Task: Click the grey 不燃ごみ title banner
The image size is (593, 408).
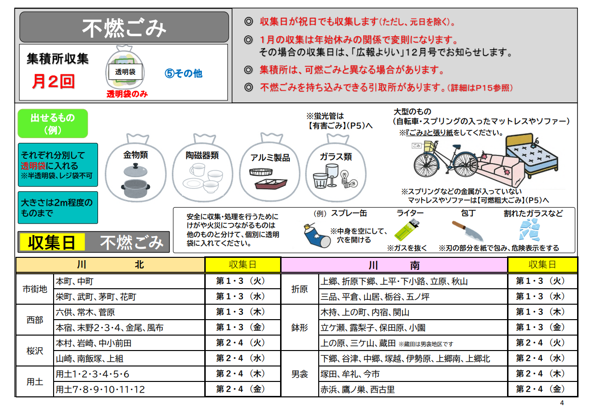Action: point(124,27)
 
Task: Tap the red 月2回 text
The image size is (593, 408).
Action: point(53,81)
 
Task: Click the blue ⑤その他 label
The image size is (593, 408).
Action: point(184,73)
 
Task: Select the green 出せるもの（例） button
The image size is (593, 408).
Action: point(53,124)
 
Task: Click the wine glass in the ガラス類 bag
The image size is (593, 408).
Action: point(332,175)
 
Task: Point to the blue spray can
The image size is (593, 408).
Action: point(316,236)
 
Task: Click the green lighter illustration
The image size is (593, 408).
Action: point(407,230)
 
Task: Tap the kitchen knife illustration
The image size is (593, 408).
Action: point(467,231)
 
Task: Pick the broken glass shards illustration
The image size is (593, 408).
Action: point(529,229)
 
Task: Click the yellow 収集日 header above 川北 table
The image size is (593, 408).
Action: point(242,265)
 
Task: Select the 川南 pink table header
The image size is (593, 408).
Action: point(394,265)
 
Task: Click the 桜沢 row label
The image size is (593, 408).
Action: point(35,351)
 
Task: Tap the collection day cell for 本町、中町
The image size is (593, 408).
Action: point(242,281)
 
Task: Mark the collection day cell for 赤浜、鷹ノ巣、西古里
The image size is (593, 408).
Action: point(542,389)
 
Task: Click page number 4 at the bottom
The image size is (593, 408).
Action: point(562,403)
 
